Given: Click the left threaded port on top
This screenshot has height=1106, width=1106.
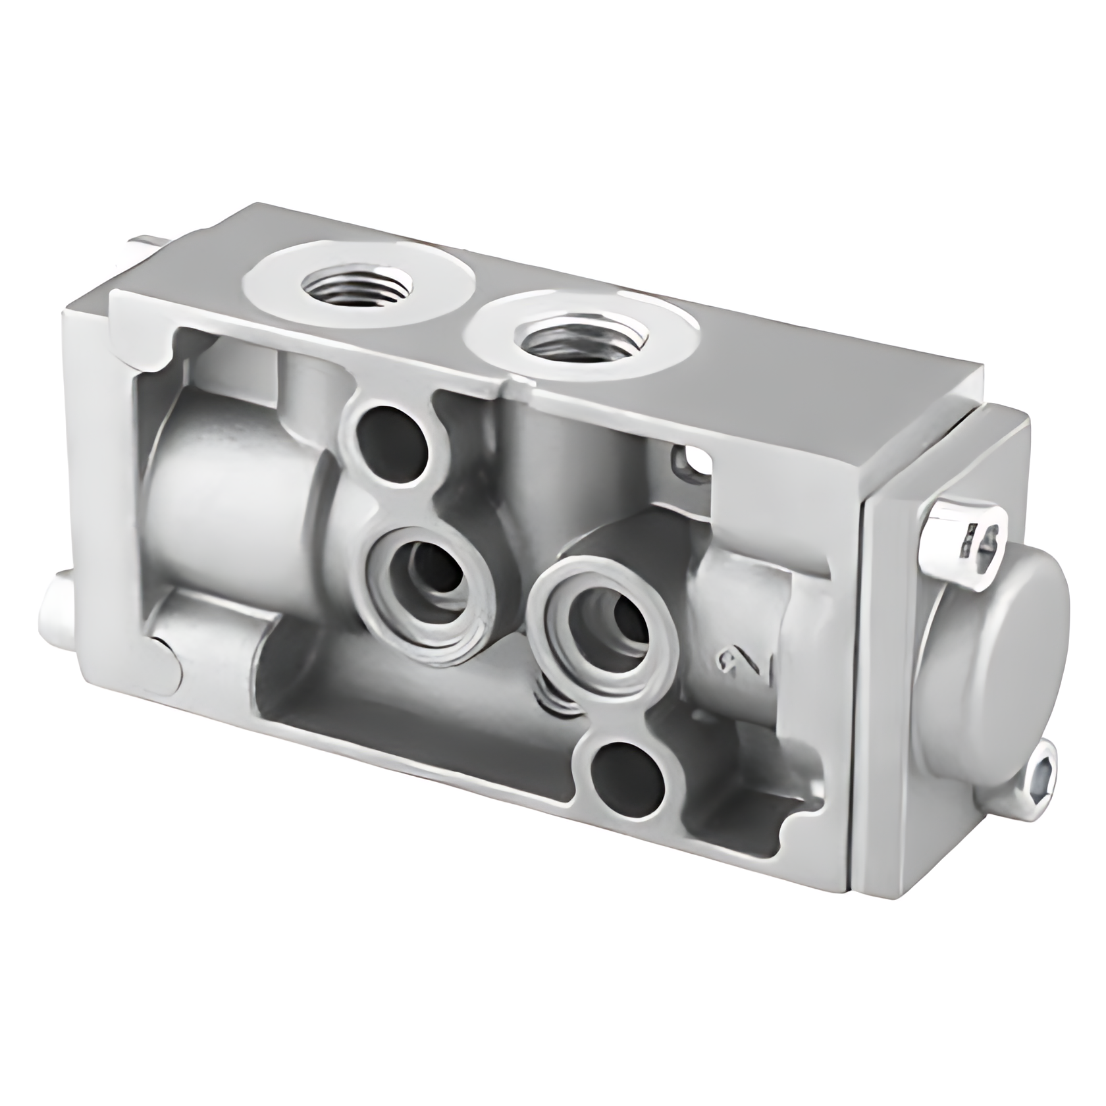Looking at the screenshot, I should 356,288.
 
